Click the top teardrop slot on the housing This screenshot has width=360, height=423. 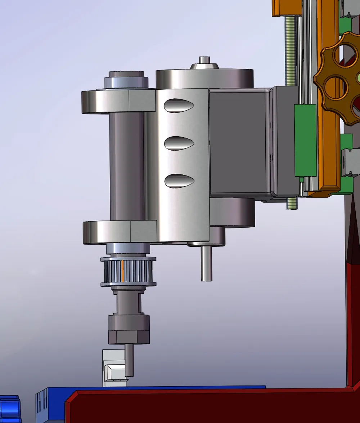(x=179, y=105)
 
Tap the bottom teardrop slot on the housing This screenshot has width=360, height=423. (x=179, y=181)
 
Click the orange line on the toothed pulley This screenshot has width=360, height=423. (x=123, y=271)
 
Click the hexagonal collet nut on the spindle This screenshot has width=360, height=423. (x=129, y=329)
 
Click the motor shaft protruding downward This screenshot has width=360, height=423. (x=206, y=263)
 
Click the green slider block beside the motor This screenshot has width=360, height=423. (x=305, y=141)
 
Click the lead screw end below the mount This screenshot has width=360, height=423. (x=292, y=203)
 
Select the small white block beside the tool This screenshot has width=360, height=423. (x=113, y=368)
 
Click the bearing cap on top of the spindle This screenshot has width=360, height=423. (x=126, y=79)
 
